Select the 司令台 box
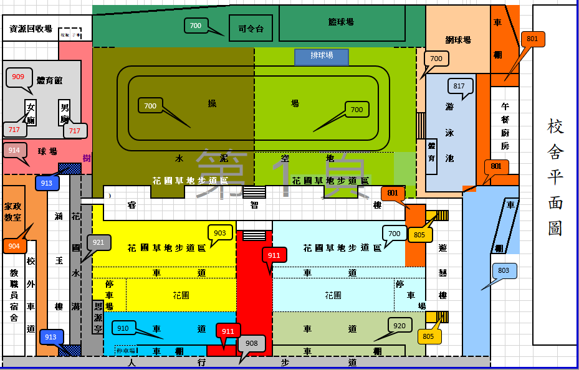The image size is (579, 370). coord(251,28)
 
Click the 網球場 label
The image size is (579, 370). coord(458,40)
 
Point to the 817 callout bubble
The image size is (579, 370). coord(459,86)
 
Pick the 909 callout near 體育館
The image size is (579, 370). coord(18,77)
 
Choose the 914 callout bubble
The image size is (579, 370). coord(14,150)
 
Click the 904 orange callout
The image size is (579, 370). coord(14,245)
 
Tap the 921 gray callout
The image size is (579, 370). coord(98,242)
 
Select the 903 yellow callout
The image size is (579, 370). coord(219,233)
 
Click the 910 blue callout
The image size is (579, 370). coord(123,328)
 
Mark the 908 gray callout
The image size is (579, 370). coord(252,343)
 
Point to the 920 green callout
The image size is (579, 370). coord(400,325)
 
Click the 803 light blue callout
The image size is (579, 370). coord(504,271)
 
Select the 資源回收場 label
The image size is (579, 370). coord(31,29)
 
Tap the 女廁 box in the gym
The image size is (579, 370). coord(31,113)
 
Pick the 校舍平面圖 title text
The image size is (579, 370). coord(555,178)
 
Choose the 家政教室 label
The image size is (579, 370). coord(13,212)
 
